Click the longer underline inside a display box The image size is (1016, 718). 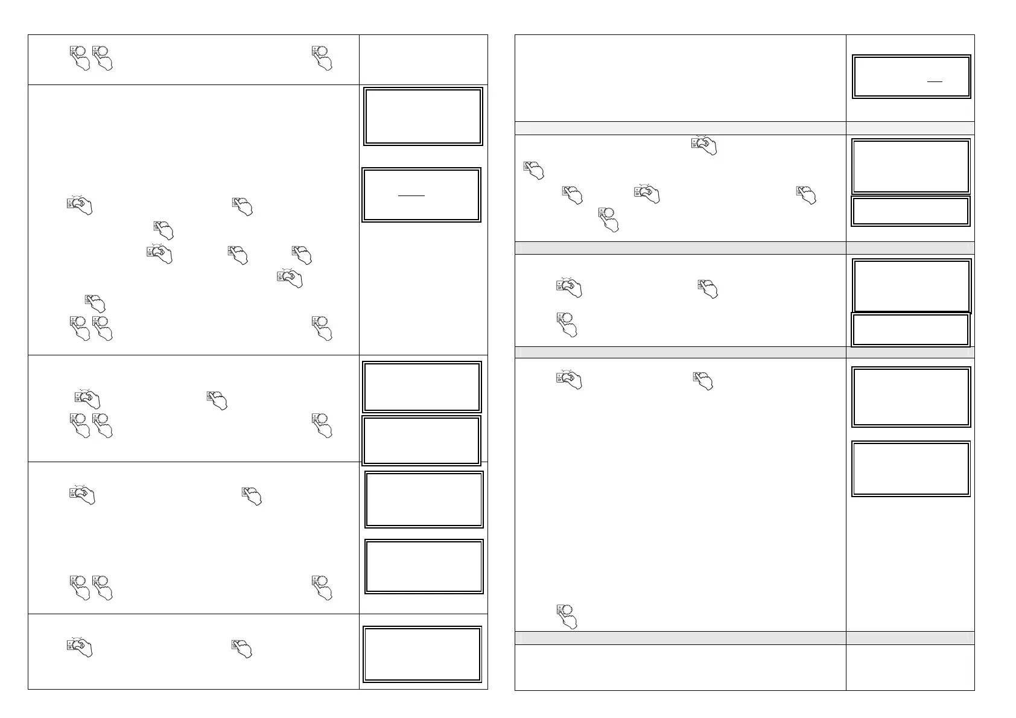411,195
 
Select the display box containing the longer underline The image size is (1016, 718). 421,195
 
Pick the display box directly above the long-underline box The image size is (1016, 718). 423,116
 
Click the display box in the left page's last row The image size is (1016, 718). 422,655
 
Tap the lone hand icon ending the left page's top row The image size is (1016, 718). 323,57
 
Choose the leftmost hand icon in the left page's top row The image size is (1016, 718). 78,57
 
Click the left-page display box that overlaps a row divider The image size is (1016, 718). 421,440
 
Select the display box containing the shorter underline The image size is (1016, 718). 911,77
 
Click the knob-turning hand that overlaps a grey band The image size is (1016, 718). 705,145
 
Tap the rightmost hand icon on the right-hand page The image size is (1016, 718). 807,195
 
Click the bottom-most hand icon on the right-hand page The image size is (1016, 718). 567,616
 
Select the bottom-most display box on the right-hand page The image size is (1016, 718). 911,469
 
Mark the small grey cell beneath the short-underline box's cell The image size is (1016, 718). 910,128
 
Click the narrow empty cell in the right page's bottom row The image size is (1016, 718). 910,667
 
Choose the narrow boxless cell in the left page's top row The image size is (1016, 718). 423,60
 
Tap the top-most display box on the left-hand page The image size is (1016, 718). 423,116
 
